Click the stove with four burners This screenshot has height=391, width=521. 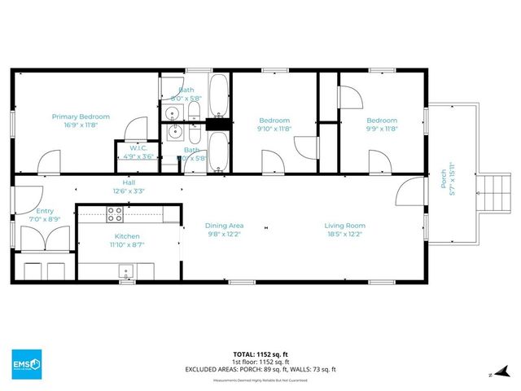point(115,215)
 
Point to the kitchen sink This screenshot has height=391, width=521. point(126,271)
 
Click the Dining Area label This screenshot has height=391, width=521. point(223,226)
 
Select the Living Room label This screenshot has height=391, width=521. point(344,226)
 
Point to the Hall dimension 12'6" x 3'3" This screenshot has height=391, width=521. point(129,191)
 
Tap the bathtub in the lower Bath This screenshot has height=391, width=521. point(218,152)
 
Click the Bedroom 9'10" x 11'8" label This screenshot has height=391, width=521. point(274,121)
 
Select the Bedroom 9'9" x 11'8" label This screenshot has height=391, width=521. point(381,121)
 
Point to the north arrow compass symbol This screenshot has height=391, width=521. point(490,374)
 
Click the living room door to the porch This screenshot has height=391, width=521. point(407,194)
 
